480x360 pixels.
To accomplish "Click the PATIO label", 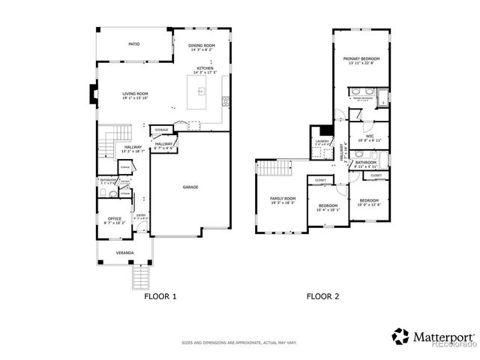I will (x=133, y=44).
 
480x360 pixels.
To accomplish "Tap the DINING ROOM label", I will (x=202, y=46).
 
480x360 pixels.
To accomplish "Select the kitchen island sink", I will (x=201, y=92).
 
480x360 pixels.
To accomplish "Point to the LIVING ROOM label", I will (x=136, y=94).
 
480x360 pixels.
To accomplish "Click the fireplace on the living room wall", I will (x=92, y=94).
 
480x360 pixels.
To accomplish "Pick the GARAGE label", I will (x=190, y=187).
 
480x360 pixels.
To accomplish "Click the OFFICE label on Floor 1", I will (x=114, y=219).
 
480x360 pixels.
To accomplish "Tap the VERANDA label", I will (x=124, y=253).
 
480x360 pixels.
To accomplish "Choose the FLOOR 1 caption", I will (x=160, y=296).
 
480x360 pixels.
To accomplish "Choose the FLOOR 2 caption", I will (x=322, y=296).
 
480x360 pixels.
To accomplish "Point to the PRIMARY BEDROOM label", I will (x=361, y=58).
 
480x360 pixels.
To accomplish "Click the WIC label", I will (x=369, y=136).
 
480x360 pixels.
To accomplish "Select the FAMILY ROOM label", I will (x=283, y=198).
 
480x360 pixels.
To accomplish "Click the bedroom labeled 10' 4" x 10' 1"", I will (x=327, y=205).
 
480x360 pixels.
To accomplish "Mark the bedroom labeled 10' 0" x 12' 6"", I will (x=368, y=200).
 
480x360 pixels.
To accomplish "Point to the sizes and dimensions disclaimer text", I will (x=239, y=343).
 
